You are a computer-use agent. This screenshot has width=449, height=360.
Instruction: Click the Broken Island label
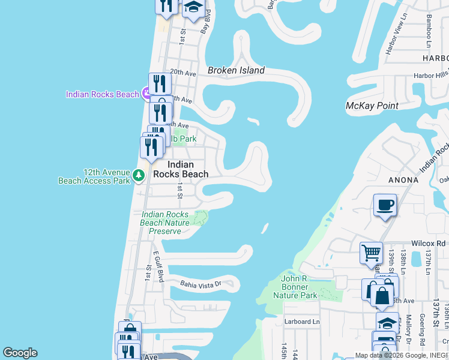coord(236,70)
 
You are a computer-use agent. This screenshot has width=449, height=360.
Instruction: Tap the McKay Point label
coord(372,106)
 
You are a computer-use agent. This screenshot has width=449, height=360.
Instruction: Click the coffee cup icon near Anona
coord(385,205)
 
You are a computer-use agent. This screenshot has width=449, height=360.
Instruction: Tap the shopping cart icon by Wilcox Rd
coord(372,253)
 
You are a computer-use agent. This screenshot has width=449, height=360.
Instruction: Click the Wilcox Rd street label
coord(428,244)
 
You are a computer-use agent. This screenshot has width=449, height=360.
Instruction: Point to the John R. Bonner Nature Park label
coord(295,287)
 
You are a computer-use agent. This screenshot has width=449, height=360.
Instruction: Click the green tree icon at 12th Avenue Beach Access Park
coord(139,175)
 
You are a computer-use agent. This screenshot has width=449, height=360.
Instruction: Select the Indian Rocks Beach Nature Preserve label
coord(164,223)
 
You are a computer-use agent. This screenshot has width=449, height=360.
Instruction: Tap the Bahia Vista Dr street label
coord(201,284)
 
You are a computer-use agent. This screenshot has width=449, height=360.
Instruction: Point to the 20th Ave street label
coord(183,72)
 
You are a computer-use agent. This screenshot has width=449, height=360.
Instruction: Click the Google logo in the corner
coord(20,353)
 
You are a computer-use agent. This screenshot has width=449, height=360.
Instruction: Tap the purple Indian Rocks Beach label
coord(103,94)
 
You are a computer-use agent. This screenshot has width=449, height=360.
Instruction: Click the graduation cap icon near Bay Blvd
coord(193,8)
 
